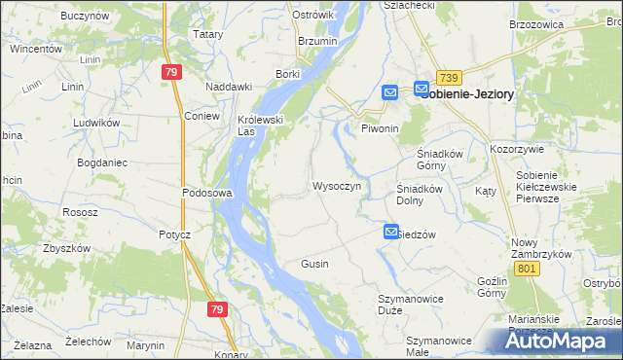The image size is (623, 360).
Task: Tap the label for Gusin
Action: (x=314, y=264)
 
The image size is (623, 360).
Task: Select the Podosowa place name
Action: (x=206, y=193)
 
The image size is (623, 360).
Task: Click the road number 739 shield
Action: (x=448, y=78)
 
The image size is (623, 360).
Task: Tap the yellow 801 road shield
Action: (x=529, y=268)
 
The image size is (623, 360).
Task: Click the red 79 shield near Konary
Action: (x=217, y=308)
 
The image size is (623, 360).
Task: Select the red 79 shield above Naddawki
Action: (x=171, y=72)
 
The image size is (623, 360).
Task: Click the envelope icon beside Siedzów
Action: (x=390, y=232)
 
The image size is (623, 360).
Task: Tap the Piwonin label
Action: (x=381, y=128)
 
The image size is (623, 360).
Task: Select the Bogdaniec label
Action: (x=102, y=162)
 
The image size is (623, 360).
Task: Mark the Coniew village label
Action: (x=202, y=115)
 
